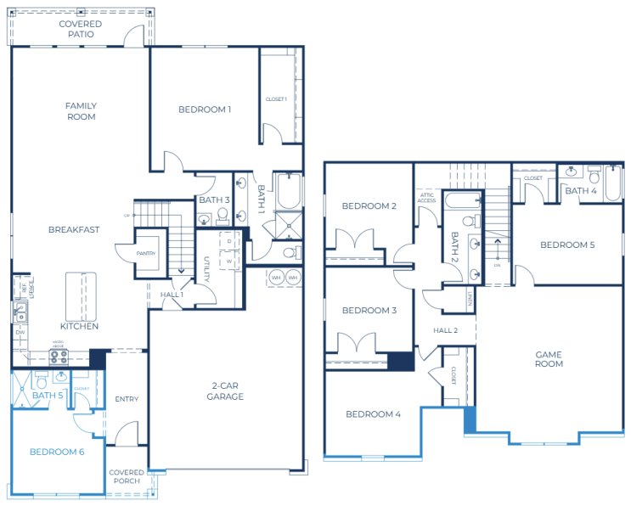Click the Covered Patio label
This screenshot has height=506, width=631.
pos(81,29)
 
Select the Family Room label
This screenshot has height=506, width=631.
pos(81,111)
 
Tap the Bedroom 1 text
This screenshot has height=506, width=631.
pos(205,110)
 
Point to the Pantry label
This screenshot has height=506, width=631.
pos(147,251)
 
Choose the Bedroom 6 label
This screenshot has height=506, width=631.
pos(57,452)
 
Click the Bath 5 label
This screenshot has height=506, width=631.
pos(48,395)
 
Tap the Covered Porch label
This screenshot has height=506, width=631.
pos(127,476)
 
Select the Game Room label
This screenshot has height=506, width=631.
pos(549,358)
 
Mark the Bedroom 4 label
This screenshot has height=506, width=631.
pos(373,414)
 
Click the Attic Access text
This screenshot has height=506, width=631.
pos(426,198)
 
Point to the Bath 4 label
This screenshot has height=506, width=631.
pos(581,191)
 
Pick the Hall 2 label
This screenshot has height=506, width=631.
pos(445,330)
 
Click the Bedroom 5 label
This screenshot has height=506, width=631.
pos(567,245)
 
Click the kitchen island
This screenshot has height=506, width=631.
pos(82,292)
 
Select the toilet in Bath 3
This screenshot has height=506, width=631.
pos(223,216)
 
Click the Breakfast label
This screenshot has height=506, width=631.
pos(74,229)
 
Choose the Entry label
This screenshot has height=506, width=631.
pos(127,399)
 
